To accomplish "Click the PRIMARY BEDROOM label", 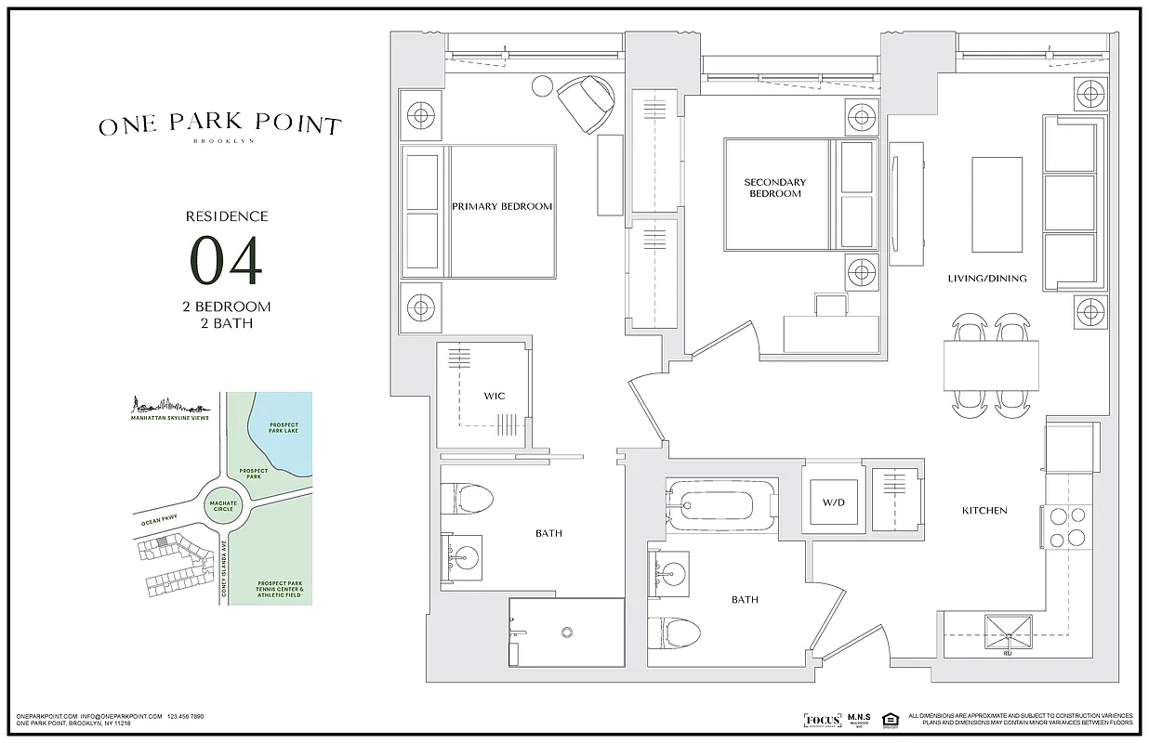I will [502, 206].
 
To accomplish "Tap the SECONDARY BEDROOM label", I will [774, 188].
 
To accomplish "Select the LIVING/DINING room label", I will [987, 278].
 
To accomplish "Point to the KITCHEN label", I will [984, 510].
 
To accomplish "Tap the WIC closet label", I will [494, 396].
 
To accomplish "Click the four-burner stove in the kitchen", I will [1068, 526].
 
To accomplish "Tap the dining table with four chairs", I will [991, 366].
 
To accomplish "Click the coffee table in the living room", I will [998, 203].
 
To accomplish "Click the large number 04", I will [226, 261].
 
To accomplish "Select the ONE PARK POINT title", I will [220, 125].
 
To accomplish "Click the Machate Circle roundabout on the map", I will [224, 506].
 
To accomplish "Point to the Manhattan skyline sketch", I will [167, 406].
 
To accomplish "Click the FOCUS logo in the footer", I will [822, 720].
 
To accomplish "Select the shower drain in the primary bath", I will [565, 632].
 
